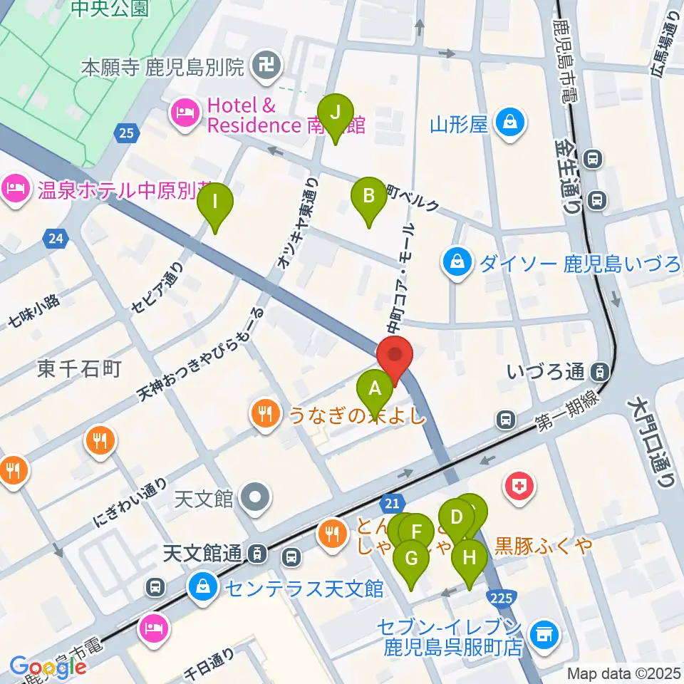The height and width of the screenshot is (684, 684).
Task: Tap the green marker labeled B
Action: (368, 196)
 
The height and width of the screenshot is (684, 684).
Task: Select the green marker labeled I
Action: (215, 202)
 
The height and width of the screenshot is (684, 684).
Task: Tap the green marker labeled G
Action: (411, 559)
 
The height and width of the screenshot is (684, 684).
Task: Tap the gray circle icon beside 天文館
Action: (254, 497)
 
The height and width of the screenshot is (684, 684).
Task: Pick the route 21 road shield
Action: (392, 502)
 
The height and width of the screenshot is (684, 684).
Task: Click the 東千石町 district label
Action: (79, 368)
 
